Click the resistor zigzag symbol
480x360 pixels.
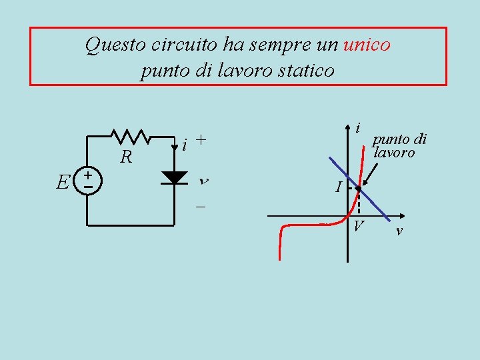132,136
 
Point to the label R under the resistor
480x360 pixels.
125,158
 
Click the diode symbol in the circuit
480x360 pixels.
175,177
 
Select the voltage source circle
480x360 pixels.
88,181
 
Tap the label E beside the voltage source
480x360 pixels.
63,181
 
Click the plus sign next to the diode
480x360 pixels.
201,141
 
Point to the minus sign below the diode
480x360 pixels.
200,207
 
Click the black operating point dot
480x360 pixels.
359,189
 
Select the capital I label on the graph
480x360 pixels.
339,189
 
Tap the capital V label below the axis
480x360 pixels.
359,227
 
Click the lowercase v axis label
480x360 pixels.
399,231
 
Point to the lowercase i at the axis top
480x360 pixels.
359,127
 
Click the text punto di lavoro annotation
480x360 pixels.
399,146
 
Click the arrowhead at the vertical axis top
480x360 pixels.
348,127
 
